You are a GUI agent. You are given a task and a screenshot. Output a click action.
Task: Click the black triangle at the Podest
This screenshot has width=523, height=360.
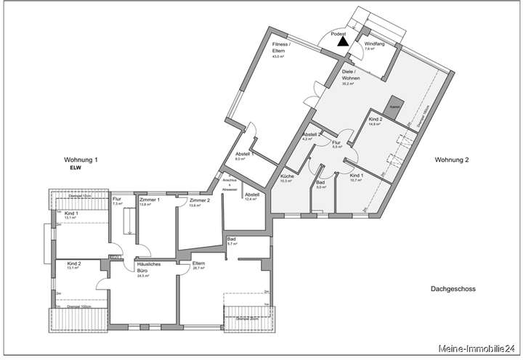[x=343, y=43]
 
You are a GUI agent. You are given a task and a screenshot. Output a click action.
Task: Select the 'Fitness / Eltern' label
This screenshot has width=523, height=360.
[x=281, y=49]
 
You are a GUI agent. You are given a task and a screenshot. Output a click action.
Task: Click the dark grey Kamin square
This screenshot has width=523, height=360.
[x=394, y=105]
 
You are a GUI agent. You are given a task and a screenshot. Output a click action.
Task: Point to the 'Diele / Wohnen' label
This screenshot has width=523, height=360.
[x=352, y=78]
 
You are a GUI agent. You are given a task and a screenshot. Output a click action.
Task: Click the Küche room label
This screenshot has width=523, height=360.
[x=286, y=178]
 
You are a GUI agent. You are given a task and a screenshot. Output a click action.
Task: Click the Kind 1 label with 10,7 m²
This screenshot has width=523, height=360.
[x=356, y=177]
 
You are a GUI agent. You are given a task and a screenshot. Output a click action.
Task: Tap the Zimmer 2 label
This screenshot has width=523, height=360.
[x=198, y=202]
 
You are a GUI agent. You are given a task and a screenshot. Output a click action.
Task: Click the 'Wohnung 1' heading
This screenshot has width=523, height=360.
[x=81, y=159]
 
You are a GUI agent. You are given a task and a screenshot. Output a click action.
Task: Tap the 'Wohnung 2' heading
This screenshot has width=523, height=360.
[x=452, y=159]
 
